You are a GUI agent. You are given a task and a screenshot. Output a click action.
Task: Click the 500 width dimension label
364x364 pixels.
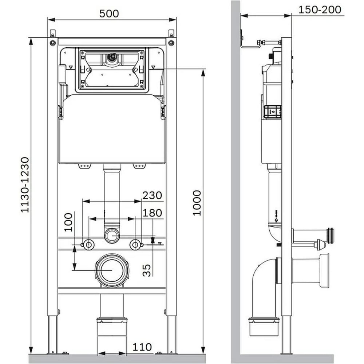pos(109,13)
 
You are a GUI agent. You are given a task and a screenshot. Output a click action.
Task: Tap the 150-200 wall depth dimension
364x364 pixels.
pos(320,10)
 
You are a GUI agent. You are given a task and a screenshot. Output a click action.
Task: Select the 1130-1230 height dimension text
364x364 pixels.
pos(25,185)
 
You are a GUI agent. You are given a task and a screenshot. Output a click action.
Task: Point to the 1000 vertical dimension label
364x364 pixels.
pos(197,203)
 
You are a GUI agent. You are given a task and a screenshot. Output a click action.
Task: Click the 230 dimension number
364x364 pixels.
pos(152,195)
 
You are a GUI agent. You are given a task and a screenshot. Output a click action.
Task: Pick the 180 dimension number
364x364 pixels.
pos(152,213)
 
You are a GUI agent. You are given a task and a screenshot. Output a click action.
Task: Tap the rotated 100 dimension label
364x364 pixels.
pos(68,222)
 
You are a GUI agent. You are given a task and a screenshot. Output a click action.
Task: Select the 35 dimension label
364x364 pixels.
pos(146,270)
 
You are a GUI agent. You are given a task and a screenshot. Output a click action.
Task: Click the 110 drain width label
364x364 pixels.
pos(142,347)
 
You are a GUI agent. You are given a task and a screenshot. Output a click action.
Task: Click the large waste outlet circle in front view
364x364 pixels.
pos(112,270)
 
